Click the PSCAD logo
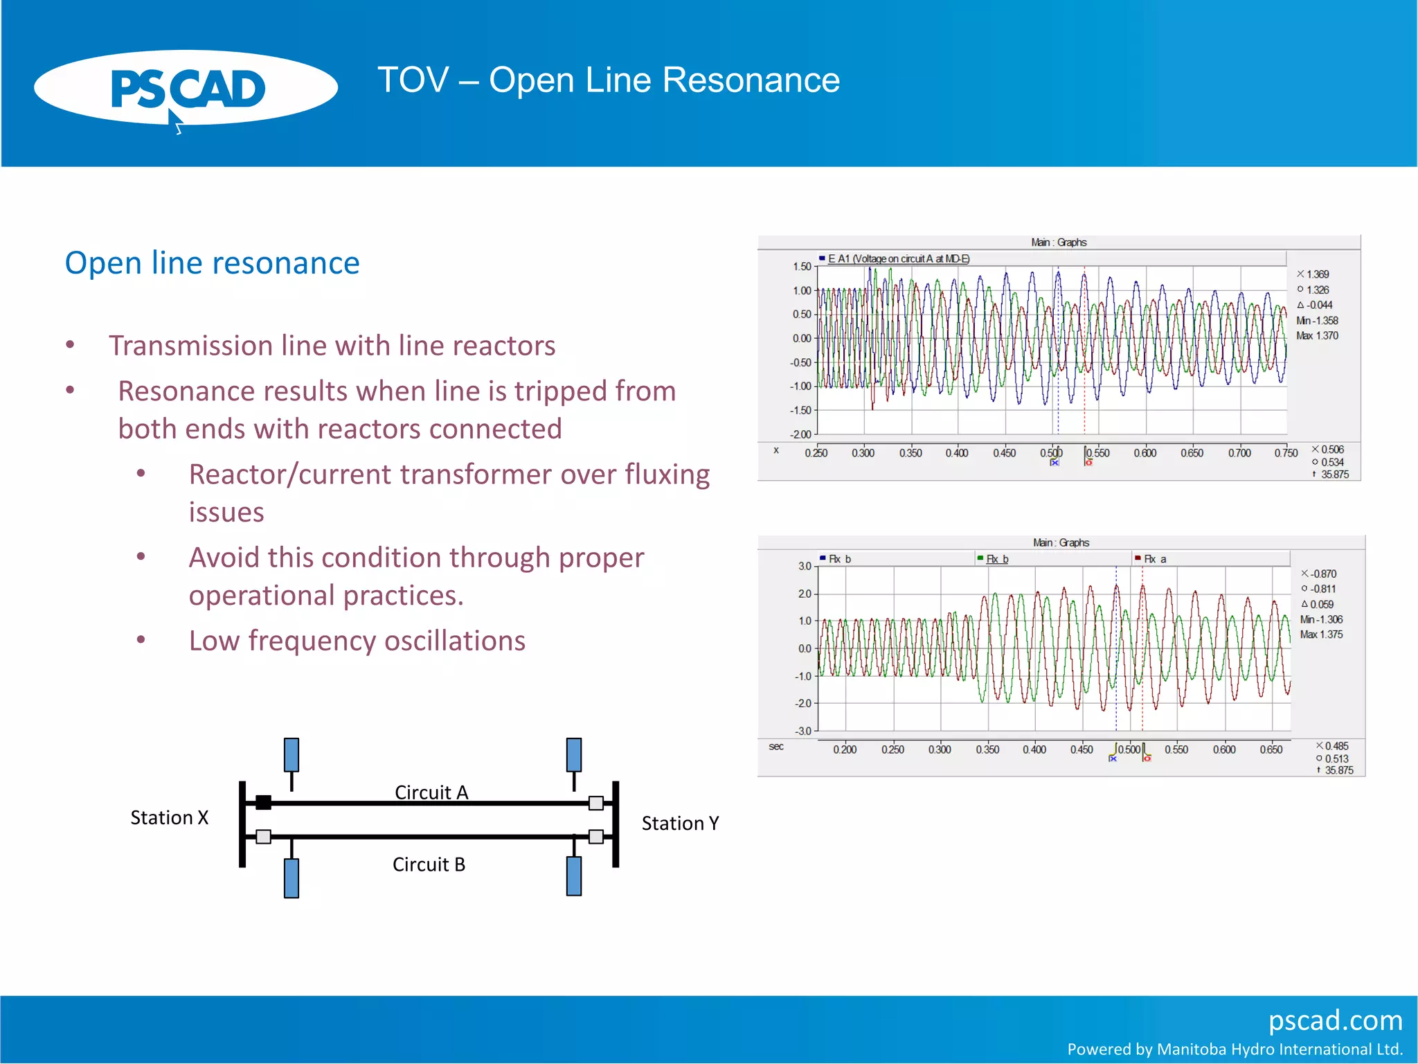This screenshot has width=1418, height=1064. (186, 89)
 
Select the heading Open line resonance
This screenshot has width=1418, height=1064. (212, 263)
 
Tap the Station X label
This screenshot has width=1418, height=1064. (170, 818)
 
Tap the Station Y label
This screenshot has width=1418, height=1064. (680, 824)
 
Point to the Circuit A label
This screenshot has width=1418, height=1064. (431, 792)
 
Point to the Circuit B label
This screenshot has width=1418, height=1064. (429, 864)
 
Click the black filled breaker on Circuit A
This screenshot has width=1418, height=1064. (263, 803)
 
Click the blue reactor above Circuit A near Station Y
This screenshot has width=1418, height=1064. (574, 754)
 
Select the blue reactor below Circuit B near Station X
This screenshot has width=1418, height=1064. (291, 878)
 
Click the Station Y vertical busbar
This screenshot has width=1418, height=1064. (616, 824)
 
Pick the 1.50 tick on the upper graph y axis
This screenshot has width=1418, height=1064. (802, 267)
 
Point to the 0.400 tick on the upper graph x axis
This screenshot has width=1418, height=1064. (957, 453)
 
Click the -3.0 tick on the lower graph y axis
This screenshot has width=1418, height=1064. (803, 731)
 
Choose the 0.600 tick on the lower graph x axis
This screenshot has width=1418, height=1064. (1224, 750)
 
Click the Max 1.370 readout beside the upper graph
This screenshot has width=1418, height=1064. (1317, 336)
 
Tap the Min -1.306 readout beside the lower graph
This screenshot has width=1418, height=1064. (1321, 620)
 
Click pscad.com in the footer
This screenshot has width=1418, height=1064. (1335, 1020)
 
